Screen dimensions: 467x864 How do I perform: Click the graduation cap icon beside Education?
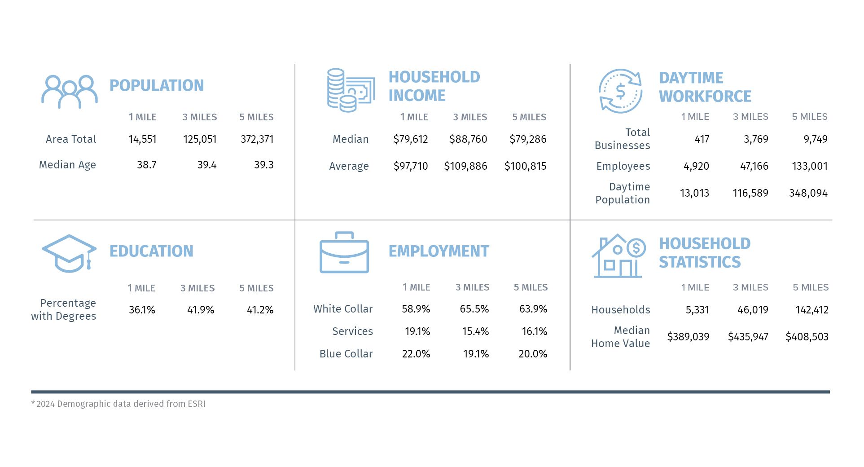pyautogui.click(x=69, y=253)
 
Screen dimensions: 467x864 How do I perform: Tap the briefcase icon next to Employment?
pyautogui.click(x=344, y=252)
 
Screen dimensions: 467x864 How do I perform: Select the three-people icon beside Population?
pyautogui.click(x=70, y=92)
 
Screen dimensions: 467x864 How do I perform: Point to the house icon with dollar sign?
pyautogui.click(x=618, y=256)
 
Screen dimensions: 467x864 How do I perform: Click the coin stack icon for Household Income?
pyautogui.click(x=350, y=90)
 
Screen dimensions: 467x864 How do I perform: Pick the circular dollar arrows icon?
pyautogui.click(x=620, y=91)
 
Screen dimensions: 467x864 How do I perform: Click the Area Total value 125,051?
pyautogui.click(x=200, y=139)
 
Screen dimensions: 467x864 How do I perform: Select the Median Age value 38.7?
pyautogui.click(x=147, y=165)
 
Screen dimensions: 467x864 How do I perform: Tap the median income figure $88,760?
pyautogui.click(x=468, y=139)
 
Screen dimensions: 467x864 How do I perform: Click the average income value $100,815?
pyautogui.click(x=525, y=166)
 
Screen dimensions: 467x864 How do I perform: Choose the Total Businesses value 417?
pyautogui.click(x=702, y=139)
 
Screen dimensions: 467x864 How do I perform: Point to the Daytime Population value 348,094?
pyautogui.click(x=808, y=193)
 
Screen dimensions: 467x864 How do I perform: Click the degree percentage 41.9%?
pyautogui.click(x=201, y=310)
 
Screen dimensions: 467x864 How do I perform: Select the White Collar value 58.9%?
pyautogui.click(x=416, y=309)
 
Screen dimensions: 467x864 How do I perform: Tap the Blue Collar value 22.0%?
pyautogui.click(x=416, y=354)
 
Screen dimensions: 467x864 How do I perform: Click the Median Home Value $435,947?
pyautogui.click(x=748, y=337)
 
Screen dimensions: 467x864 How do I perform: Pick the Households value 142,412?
pyautogui.click(x=811, y=310)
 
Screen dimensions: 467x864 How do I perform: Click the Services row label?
pyautogui.click(x=352, y=331)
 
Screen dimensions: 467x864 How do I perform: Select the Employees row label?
pyautogui.click(x=623, y=166)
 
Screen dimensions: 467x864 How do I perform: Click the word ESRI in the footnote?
pyautogui.click(x=197, y=404)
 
